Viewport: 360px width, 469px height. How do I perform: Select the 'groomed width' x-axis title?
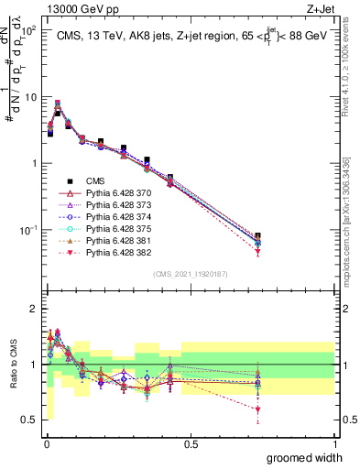(x=306, y=457)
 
